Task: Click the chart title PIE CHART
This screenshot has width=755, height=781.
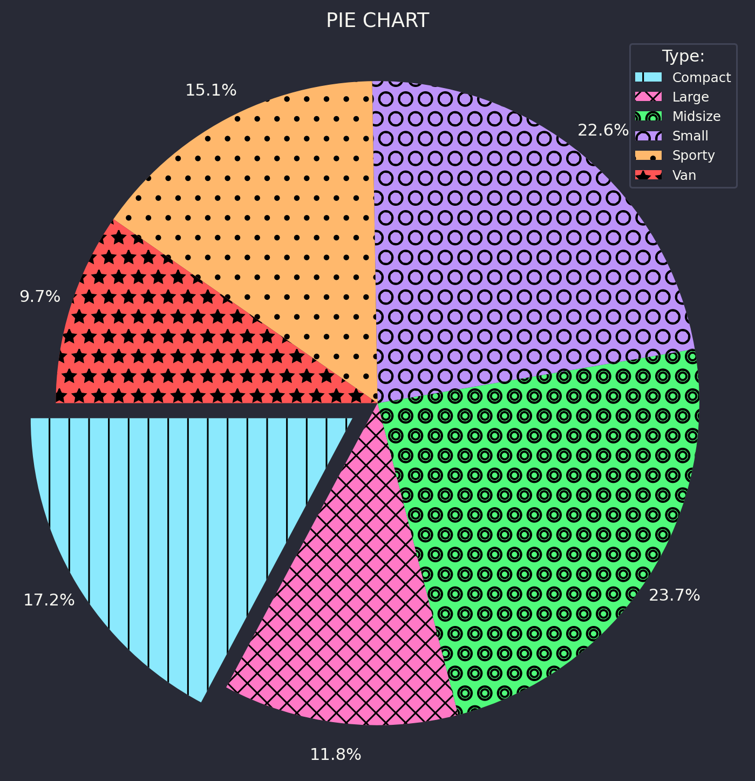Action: [377, 21]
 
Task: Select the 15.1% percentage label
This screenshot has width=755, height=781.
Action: [210, 90]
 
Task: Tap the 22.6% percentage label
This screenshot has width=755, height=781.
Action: [603, 130]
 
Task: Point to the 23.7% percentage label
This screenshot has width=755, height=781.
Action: [674, 595]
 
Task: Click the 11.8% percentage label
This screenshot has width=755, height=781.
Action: [335, 755]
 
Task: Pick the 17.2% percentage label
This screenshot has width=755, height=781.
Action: [49, 600]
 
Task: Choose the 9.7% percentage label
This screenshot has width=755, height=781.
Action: [40, 297]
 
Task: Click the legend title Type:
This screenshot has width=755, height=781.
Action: [683, 56]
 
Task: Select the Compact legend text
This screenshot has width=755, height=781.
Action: [702, 77]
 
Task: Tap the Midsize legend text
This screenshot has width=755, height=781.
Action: [696, 116]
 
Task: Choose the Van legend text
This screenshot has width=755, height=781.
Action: [684, 176]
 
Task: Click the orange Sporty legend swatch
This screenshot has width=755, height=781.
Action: [648, 156]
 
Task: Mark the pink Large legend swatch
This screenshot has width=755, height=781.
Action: [648, 97]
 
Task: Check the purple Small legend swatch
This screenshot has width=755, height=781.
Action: [648, 136]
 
